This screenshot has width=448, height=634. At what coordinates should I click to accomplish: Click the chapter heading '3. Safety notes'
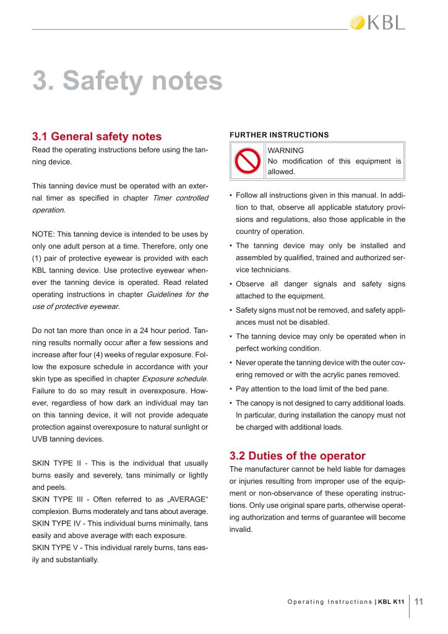click(x=127, y=81)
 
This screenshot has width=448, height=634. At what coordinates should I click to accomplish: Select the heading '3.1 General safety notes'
click(x=97, y=136)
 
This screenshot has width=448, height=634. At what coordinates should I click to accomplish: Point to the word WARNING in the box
click(x=285, y=150)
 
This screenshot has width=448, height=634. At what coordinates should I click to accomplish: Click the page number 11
click(x=419, y=601)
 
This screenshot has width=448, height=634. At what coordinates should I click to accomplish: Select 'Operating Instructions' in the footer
click(x=330, y=601)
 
